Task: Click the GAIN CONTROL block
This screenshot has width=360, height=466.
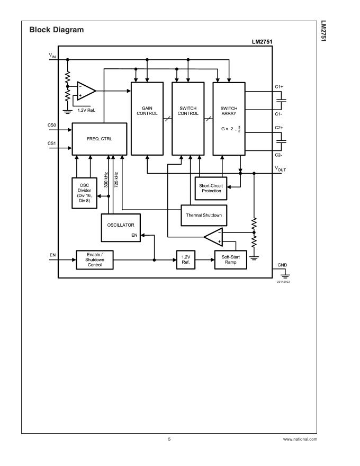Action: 147,119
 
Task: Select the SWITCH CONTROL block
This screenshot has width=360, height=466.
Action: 188,119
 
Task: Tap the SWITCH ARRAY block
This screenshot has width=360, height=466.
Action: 229,119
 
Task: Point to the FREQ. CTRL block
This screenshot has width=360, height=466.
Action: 99,139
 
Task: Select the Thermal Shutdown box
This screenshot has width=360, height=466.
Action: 203,215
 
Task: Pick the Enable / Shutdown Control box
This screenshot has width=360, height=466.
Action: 95,259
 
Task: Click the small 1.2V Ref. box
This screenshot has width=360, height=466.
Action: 185,259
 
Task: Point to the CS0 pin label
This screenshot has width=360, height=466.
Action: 51,126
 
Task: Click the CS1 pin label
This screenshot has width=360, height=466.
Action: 51,143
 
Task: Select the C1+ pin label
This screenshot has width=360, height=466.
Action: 278,86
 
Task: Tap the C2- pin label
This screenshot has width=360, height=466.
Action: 278,154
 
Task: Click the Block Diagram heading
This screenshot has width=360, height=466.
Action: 56,30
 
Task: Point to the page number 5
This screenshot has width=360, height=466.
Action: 169,440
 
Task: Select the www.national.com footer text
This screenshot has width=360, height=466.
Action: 300,440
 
